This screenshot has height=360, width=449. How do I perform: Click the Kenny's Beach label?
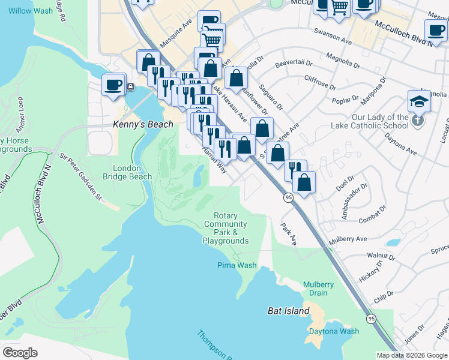coord(143,125)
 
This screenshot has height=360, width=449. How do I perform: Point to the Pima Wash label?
coord(237,265)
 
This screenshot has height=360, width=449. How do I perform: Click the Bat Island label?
coord(288,311)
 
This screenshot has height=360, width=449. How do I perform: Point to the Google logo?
coord(20,353)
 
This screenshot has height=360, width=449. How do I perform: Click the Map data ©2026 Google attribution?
coord(412,355)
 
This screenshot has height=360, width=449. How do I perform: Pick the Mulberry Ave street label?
coord(349,239)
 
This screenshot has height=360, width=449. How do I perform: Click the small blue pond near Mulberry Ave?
coord(393,243)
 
